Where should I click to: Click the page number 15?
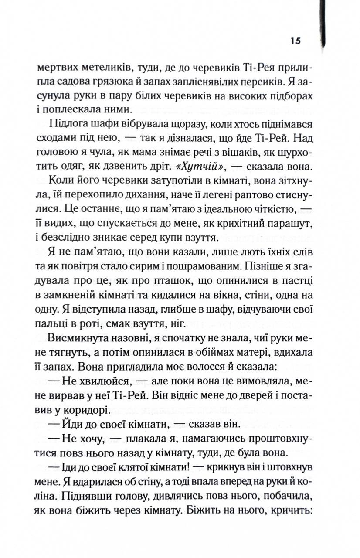295,41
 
